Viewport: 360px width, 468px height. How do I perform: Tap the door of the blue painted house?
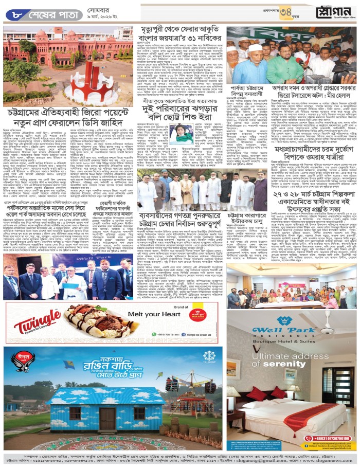(x=107, y=419)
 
